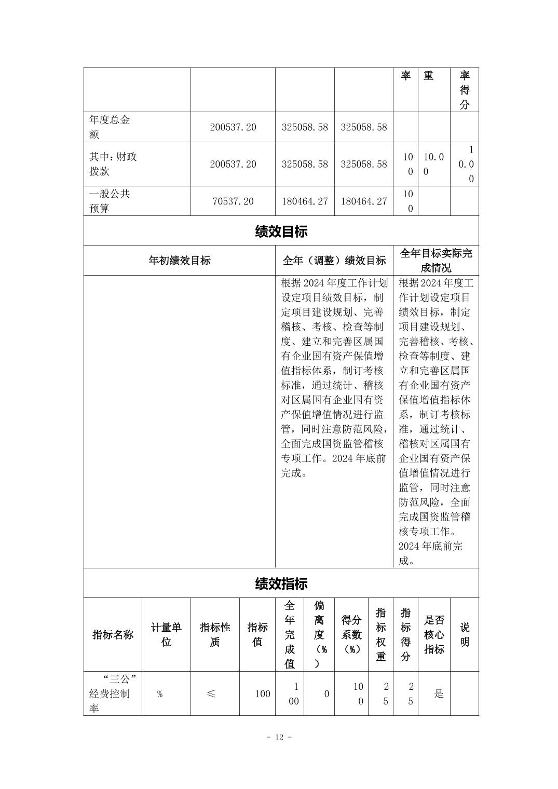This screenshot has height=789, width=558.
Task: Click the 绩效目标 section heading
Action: click(281, 232)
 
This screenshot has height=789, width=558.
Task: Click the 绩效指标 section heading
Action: click(281, 583)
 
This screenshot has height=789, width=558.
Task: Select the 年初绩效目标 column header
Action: click(180, 261)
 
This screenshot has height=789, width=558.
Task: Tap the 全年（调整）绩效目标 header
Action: click(334, 261)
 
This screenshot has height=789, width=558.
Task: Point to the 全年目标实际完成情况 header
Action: click(436, 261)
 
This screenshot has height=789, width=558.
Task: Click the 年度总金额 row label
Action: click(110, 127)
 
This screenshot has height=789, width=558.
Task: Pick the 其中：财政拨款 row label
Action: click(113, 164)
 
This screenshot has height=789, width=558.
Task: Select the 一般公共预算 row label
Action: click(110, 201)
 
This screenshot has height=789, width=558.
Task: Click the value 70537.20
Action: click(233, 201)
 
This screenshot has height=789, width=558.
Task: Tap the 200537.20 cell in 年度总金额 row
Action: click(233, 127)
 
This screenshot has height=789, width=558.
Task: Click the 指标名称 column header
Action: click(113, 634)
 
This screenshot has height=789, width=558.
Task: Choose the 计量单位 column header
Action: click(166, 634)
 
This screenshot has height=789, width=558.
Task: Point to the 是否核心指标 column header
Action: click(434, 634)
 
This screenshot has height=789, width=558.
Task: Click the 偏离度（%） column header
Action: click(320, 634)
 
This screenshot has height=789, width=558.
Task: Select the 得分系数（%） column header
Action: click(351, 634)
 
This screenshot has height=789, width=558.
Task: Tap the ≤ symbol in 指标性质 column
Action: click(211, 694)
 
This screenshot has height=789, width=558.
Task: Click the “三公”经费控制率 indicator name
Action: click(113, 693)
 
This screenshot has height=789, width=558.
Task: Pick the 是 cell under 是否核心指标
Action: click(439, 694)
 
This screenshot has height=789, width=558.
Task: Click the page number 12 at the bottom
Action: click(279, 738)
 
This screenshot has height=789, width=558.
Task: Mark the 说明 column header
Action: click(465, 634)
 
